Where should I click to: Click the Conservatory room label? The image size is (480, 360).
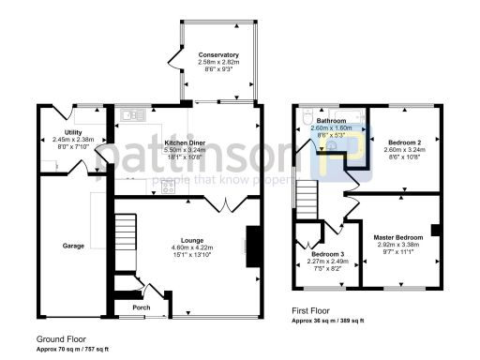pyautogui.click(x=217, y=55)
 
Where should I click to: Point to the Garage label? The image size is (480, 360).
pyautogui.click(x=74, y=246)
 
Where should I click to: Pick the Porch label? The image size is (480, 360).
pyautogui.click(x=142, y=307)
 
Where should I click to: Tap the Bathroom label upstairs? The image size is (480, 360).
pyautogui.click(x=331, y=122)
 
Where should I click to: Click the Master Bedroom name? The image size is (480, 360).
pyautogui.click(x=397, y=238)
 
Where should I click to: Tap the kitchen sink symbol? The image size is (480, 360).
pyautogui.click(x=130, y=114)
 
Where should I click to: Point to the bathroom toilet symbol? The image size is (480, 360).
pyautogui.click(x=307, y=119)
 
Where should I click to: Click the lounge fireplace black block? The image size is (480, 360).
pyautogui.click(x=252, y=241)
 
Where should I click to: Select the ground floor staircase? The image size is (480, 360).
pyautogui.click(x=126, y=238)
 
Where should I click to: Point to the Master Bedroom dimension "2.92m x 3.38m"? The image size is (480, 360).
pyautogui.click(x=397, y=246)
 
